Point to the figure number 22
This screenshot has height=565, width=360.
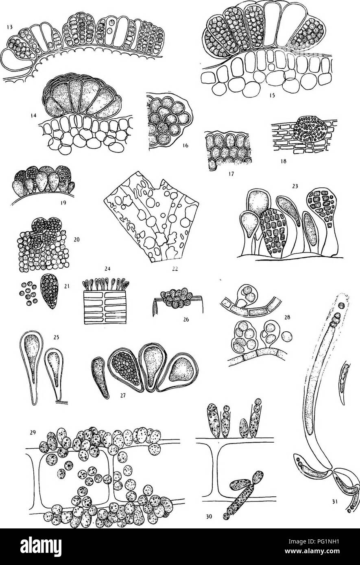(x=175, y=269)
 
